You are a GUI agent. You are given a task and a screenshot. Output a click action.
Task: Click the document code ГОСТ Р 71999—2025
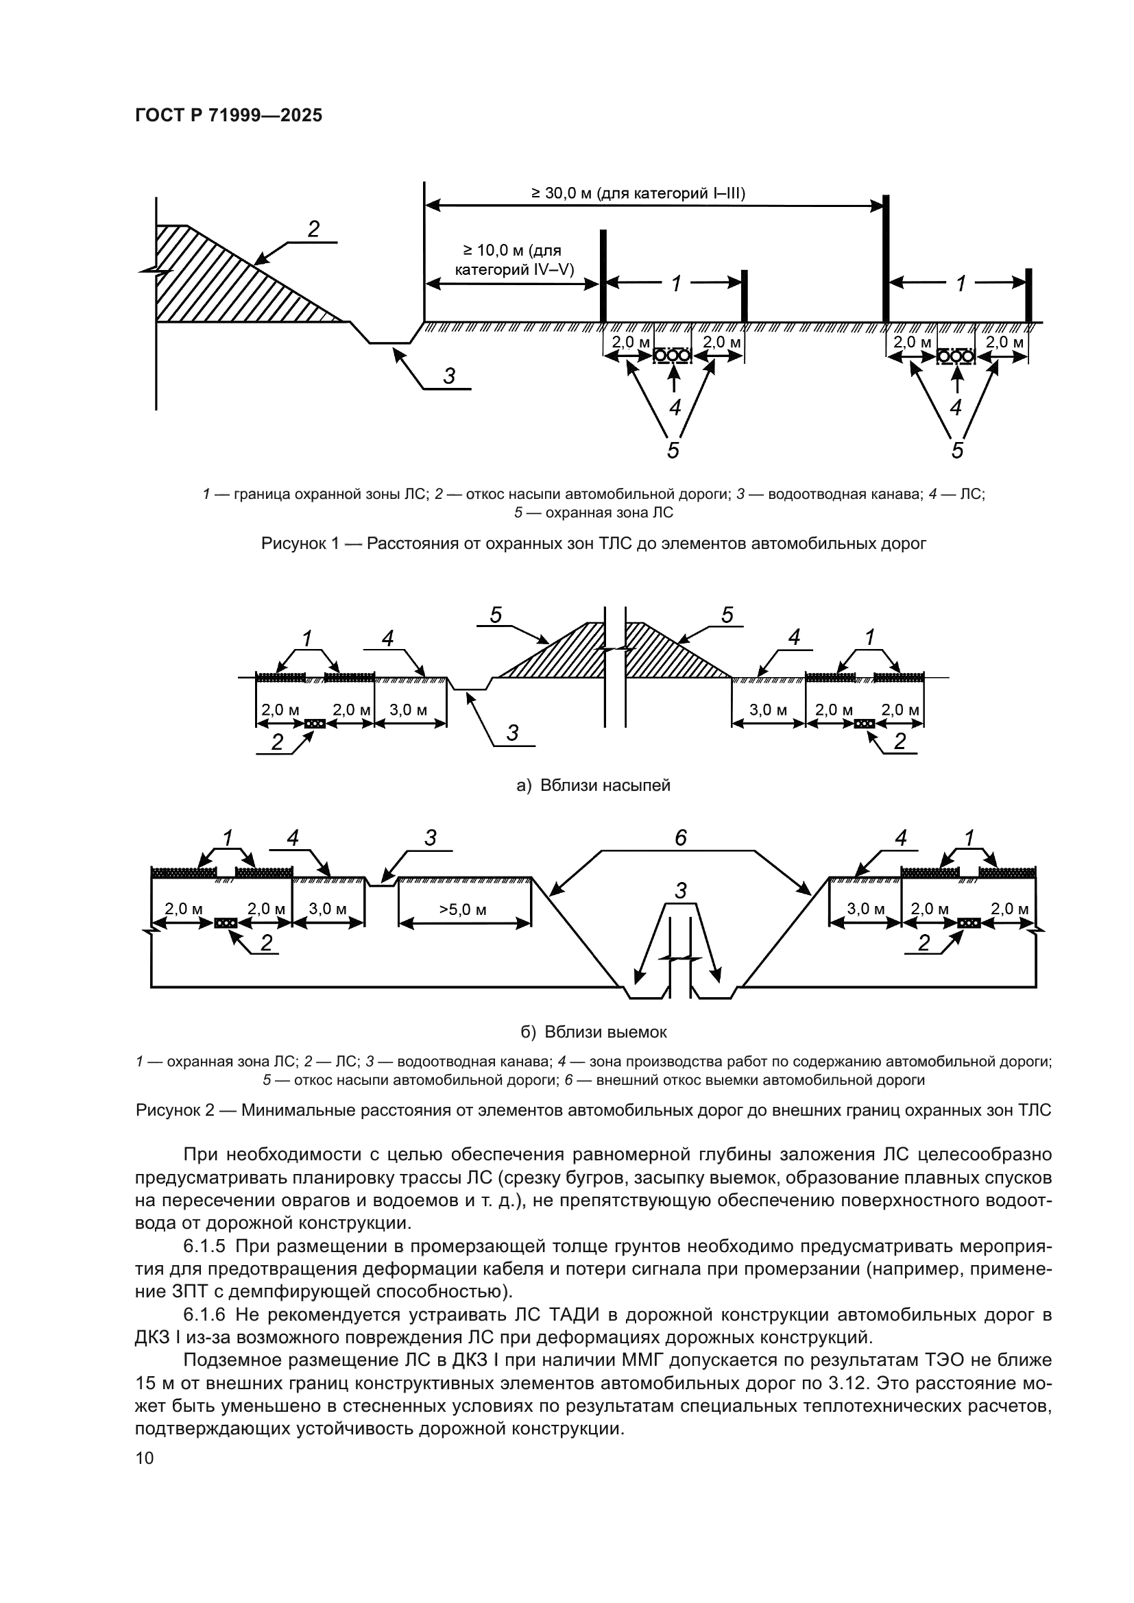[x=228, y=116]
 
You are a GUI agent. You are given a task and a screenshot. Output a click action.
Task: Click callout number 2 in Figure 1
[x=313, y=228]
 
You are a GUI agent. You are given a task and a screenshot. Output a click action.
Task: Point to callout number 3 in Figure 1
[x=450, y=376]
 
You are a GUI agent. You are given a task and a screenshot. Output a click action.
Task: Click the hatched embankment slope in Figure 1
[x=224, y=279]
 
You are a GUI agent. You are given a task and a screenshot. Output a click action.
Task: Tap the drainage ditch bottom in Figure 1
[x=389, y=343]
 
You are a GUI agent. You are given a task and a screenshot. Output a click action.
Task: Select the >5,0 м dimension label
[x=463, y=909]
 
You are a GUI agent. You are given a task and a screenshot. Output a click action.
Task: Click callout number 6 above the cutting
[x=681, y=837]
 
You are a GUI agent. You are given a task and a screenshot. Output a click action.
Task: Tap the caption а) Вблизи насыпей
[x=593, y=785]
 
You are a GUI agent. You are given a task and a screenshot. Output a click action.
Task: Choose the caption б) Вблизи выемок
[x=594, y=1032]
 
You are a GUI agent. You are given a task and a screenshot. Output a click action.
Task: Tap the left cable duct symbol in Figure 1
[x=672, y=356]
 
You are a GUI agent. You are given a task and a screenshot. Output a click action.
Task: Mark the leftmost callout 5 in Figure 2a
[x=496, y=615]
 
